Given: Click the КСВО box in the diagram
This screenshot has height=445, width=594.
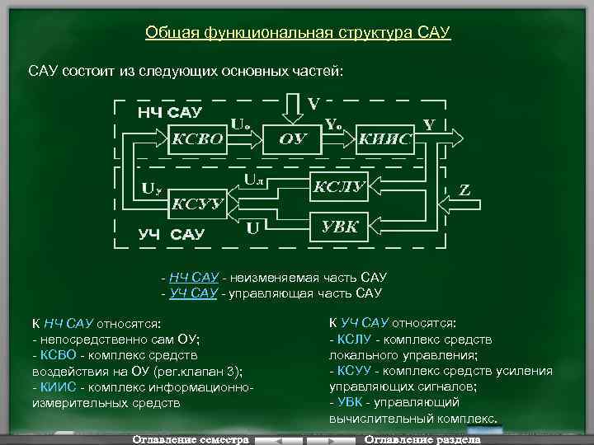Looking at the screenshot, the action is (x=196, y=137).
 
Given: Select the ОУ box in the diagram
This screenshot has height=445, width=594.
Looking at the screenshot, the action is (x=293, y=138).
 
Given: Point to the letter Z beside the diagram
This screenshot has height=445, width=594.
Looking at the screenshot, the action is (x=465, y=190).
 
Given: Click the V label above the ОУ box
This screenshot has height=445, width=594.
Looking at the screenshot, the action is (x=314, y=104).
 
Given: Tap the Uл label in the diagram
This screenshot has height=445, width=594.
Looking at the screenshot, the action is (x=255, y=177).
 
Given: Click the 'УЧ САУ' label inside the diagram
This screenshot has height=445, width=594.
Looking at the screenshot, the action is (x=171, y=234).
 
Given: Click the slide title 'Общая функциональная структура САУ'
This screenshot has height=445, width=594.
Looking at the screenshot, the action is (x=298, y=33).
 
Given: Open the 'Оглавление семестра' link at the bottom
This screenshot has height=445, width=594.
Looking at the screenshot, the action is (x=190, y=439).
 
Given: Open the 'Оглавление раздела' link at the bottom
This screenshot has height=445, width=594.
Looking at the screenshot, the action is (x=423, y=439).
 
